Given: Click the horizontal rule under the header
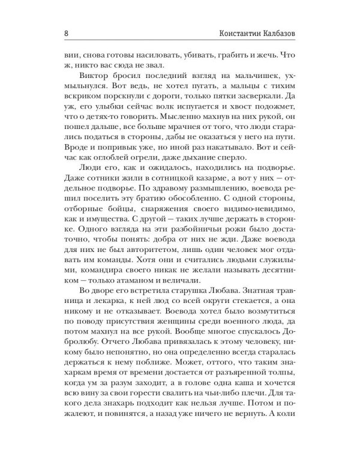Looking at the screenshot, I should [x=180, y=41].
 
